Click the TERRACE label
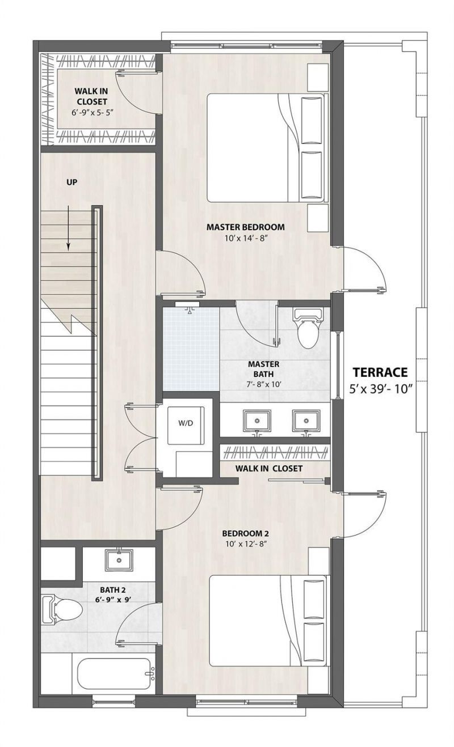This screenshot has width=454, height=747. click(380, 372)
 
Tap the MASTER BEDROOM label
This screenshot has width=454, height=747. click(245, 227)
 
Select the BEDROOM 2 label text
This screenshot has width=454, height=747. click(245, 533)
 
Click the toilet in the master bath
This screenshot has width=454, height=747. click(307, 329)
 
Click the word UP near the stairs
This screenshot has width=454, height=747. click(72, 182)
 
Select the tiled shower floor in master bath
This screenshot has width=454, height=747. click(191, 349)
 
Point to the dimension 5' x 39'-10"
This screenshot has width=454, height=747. click(380, 389)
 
